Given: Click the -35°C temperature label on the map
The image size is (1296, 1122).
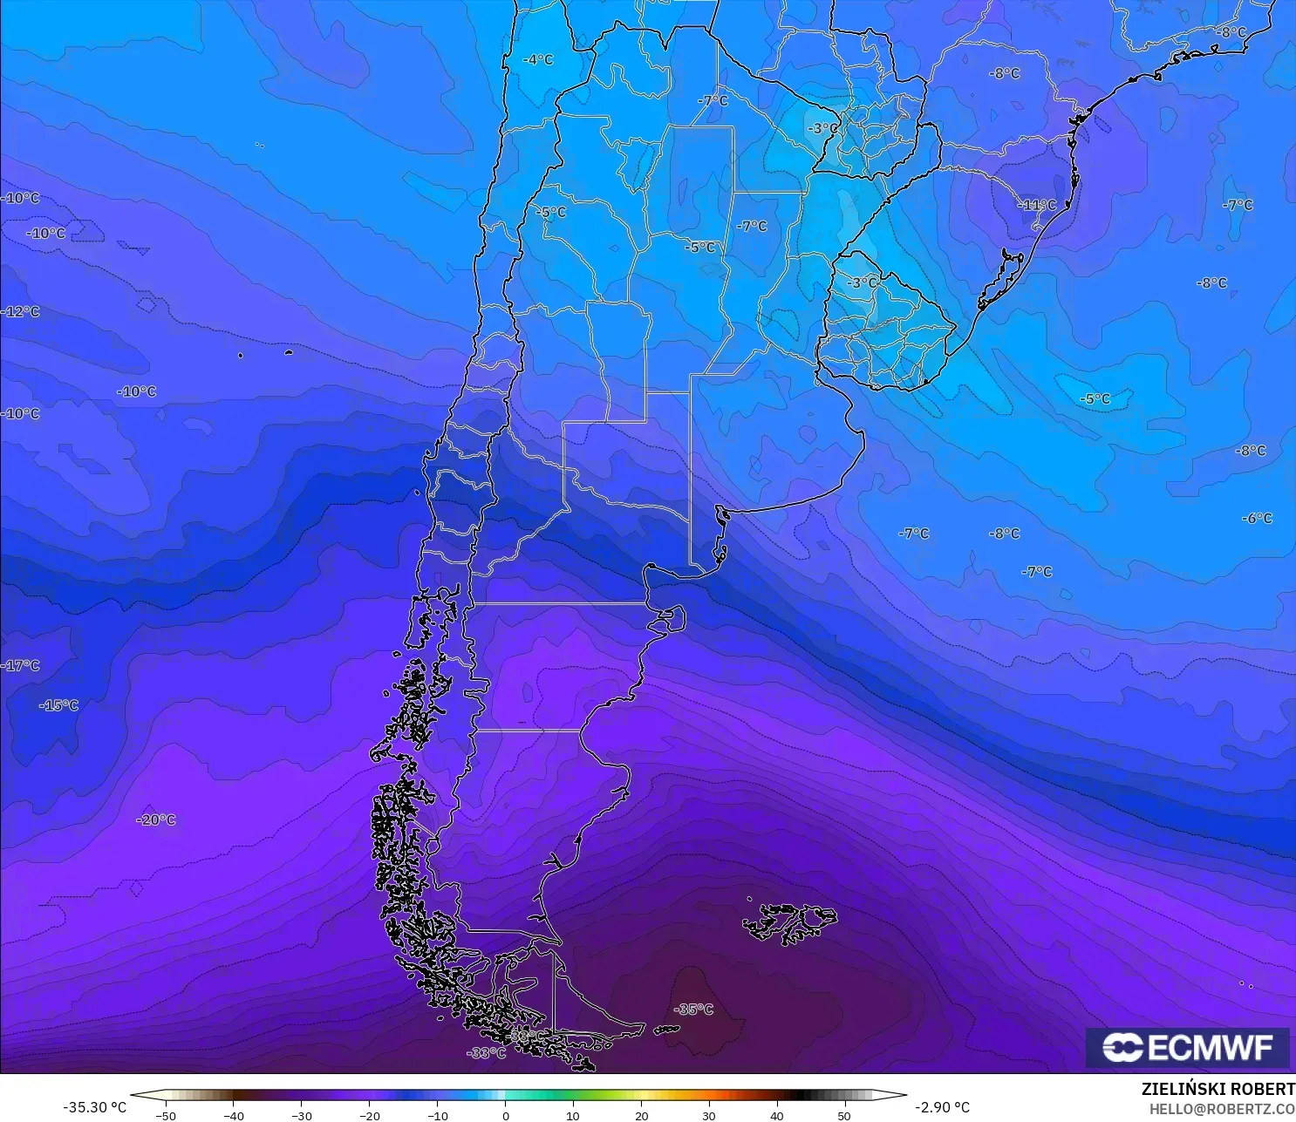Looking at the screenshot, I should tap(694, 1010).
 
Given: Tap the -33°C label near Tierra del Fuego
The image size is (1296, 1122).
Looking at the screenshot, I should tap(487, 1053).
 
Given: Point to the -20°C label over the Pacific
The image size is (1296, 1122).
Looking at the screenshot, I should tap(156, 819).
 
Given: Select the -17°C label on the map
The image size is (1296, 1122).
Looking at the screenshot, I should tap(21, 665).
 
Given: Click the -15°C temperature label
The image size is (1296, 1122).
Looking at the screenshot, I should tap(59, 704).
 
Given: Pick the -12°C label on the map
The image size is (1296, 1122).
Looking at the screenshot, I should tap(21, 311).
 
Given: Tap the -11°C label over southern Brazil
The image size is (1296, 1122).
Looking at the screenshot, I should tap(1037, 205).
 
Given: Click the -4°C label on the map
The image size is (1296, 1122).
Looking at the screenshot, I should tap(538, 59).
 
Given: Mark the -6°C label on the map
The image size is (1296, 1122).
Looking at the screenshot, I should tap(1257, 518).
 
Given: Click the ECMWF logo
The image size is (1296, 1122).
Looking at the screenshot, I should tap(1188, 1047).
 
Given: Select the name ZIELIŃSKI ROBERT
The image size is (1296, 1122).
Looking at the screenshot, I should tap(1218, 1089).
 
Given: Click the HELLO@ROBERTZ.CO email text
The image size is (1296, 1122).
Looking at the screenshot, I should tap(1221, 1109).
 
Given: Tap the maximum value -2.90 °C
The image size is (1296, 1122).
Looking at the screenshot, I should tap(942, 1107).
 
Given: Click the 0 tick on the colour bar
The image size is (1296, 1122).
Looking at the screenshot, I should tap(506, 1115).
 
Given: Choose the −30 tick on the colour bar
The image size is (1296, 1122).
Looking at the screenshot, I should tap(301, 1115).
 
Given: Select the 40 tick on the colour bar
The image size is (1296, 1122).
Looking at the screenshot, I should tap(777, 1115).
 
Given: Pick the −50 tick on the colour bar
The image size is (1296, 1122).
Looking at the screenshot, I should tap(165, 1115).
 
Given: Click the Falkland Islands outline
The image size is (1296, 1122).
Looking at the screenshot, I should tap(789, 922).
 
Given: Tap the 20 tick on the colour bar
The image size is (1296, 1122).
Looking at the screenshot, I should tap(642, 1115).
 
